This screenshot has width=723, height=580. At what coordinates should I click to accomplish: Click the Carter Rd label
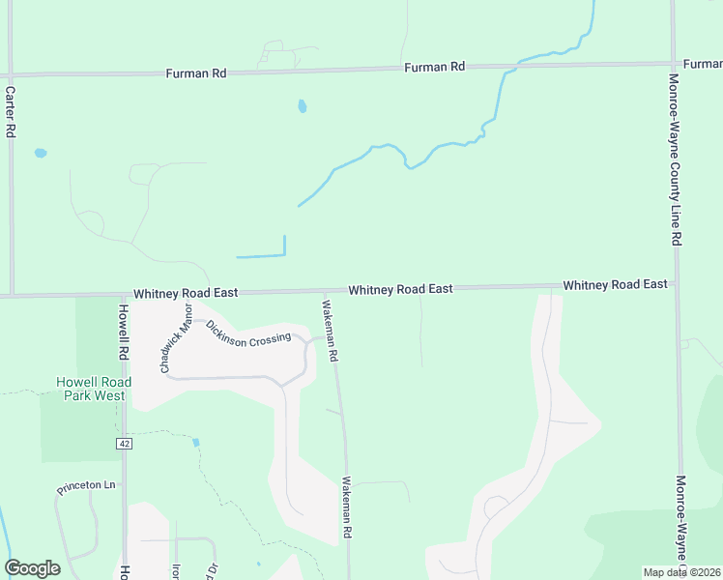tap(11, 111)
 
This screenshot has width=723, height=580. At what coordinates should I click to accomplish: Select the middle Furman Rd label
tap(435, 67)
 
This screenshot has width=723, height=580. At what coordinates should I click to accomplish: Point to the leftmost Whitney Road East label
tap(186, 292)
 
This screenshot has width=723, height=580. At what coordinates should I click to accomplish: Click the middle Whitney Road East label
tap(400, 289)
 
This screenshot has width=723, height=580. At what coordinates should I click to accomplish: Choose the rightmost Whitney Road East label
tap(615, 284)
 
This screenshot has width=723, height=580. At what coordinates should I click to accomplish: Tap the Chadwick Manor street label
tap(177, 338)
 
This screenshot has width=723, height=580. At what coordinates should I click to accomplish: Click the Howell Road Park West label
tap(94, 389)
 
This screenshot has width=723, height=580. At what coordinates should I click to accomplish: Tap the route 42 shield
tap(125, 444)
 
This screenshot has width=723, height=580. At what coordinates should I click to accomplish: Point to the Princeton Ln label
tap(86, 486)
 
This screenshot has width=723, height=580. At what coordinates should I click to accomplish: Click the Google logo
tap(32, 568)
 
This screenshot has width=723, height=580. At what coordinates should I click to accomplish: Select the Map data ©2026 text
tap(680, 572)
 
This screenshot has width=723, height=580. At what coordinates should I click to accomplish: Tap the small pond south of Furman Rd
tap(303, 106)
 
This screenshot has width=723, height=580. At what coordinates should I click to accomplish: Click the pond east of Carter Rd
tap(40, 153)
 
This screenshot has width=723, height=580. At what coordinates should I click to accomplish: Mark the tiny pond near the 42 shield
tap(196, 442)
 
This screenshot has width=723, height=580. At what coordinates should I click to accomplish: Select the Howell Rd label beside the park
tap(124, 332)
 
